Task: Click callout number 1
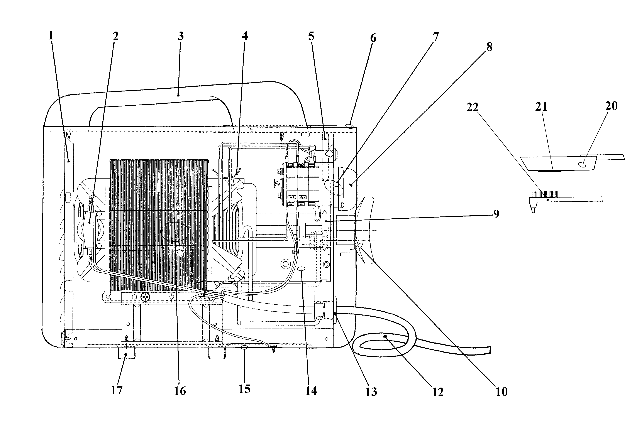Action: click(x=51, y=36)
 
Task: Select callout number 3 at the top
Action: click(x=180, y=36)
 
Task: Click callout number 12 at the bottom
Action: click(x=438, y=392)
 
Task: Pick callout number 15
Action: click(x=244, y=389)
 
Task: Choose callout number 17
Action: click(x=117, y=390)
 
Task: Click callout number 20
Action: click(x=611, y=106)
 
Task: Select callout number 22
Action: click(x=472, y=107)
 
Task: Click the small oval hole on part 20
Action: click(x=583, y=164)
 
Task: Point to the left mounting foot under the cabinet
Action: click(x=126, y=353)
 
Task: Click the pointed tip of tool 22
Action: click(x=533, y=211)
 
